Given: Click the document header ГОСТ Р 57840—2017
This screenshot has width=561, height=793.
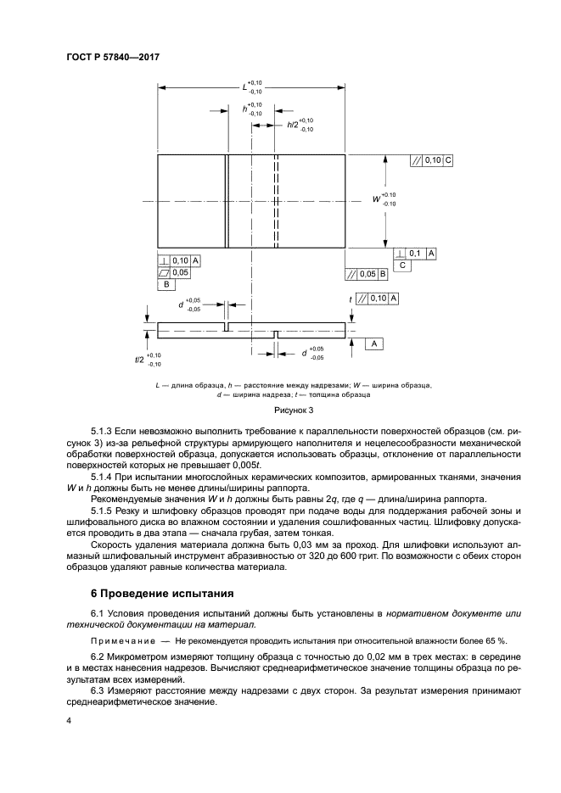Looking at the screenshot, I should (113, 57).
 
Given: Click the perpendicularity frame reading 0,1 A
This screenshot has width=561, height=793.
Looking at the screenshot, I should (415, 254).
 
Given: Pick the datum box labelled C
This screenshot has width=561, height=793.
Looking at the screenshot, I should (404, 265).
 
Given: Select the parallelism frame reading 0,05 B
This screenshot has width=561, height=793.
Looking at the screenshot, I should (367, 274).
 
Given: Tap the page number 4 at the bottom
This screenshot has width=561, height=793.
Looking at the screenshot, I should (69, 721).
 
